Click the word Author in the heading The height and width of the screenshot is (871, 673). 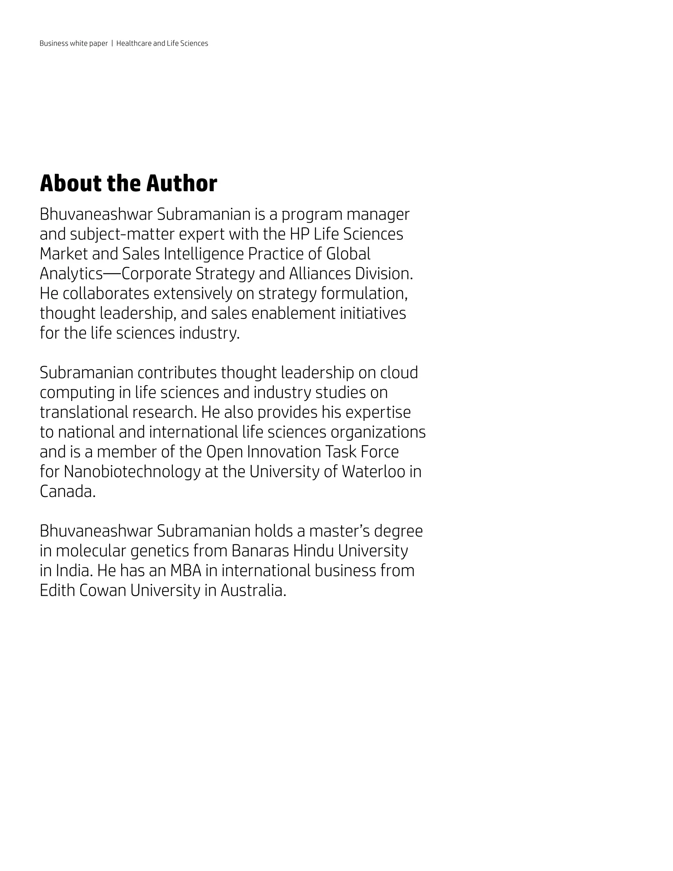(181, 184)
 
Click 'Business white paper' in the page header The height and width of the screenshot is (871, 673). (74, 43)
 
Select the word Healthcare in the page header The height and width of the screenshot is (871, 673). (134, 43)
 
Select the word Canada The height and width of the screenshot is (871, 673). (67, 492)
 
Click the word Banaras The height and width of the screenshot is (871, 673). (260, 551)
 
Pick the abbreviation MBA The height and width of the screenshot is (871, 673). (186, 571)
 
